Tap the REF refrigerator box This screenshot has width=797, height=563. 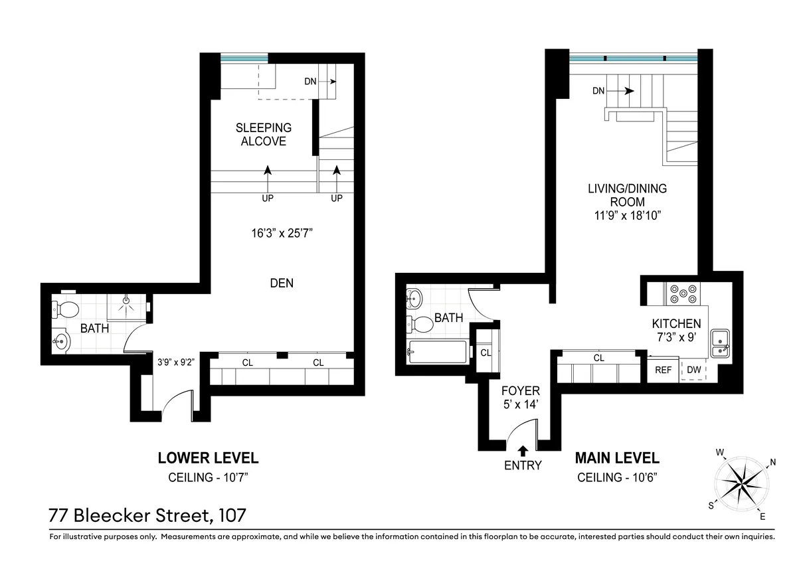(x=663, y=370)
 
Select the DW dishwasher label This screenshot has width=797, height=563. (x=693, y=370)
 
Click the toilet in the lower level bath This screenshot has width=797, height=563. (x=66, y=309)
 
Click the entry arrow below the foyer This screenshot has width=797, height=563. (x=523, y=451)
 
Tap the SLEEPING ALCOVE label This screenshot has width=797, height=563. (x=264, y=134)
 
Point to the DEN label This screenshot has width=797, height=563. (x=282, y=283)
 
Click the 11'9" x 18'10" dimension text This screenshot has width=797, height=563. (x=627, y=216)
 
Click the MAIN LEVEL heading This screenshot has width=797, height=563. (x=617, y=458)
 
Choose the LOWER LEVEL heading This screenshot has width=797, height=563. (x=207, y=458)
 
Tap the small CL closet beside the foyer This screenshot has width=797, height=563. (x=486, y=353)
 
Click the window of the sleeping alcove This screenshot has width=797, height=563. (x=244, y=59)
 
